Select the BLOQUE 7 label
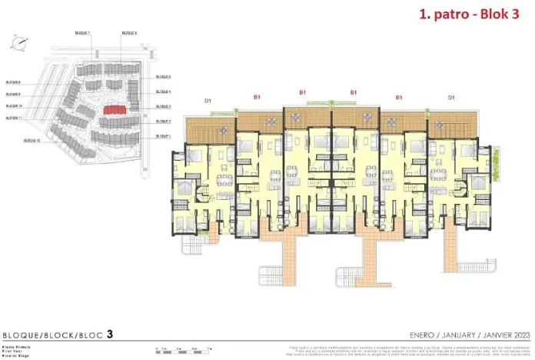pyautogui.click(x=83, y=33)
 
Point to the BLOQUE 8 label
pyautogui.click(x=130, y=33)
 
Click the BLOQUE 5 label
pyautogui.click(x=163, y=77)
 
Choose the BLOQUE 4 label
pyautogui.click(x=163, y=92)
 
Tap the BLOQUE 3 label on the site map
pyautogui.click(x=163, y=107)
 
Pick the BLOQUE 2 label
pyautogui.click(x=163, y=122)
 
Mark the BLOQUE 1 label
pyautogui.click(x=163, y=136)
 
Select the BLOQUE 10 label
pyautogui.click(x=13, y=106)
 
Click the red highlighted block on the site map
pyautogui.click(x=115, y=110)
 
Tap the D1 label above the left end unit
pyautogui.click(x=208, y=100)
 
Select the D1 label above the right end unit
pyautogui.click(x=451, y=98)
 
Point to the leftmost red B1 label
pyautogui.click(x=258, y=97)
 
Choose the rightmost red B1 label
pyautogui.click(x=399, y=98)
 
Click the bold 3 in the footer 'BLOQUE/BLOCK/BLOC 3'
pyautogui.click(x=110, y=335)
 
